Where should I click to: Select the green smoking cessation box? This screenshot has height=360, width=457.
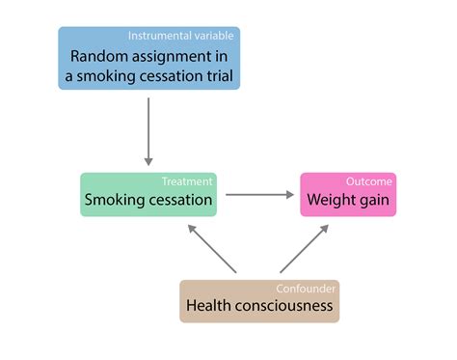pyautogui.click(x=148, y=195)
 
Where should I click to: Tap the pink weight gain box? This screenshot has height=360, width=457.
pyautogui.click(x=348, y=195)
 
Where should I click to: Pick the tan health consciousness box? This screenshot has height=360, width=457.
pyautogui.click(x=259, y=301)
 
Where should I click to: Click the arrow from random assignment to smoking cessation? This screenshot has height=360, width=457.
pyautogui.click(x=148, y=130)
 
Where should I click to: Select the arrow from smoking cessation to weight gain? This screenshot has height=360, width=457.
pyautogui.click(x=257, y=195)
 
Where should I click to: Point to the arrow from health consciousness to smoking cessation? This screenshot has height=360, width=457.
pyautogui.click(x=212, y=249)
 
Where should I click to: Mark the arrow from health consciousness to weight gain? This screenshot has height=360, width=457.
pyautogui.click(x=306, y=249)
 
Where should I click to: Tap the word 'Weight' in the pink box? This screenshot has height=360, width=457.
pyautogui.click(x=331, y=201)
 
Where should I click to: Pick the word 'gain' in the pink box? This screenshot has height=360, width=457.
pyautogui.click(x=373, y=201)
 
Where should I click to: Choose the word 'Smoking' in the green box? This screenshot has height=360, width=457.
pyautogui.click(x=116, y=201)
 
